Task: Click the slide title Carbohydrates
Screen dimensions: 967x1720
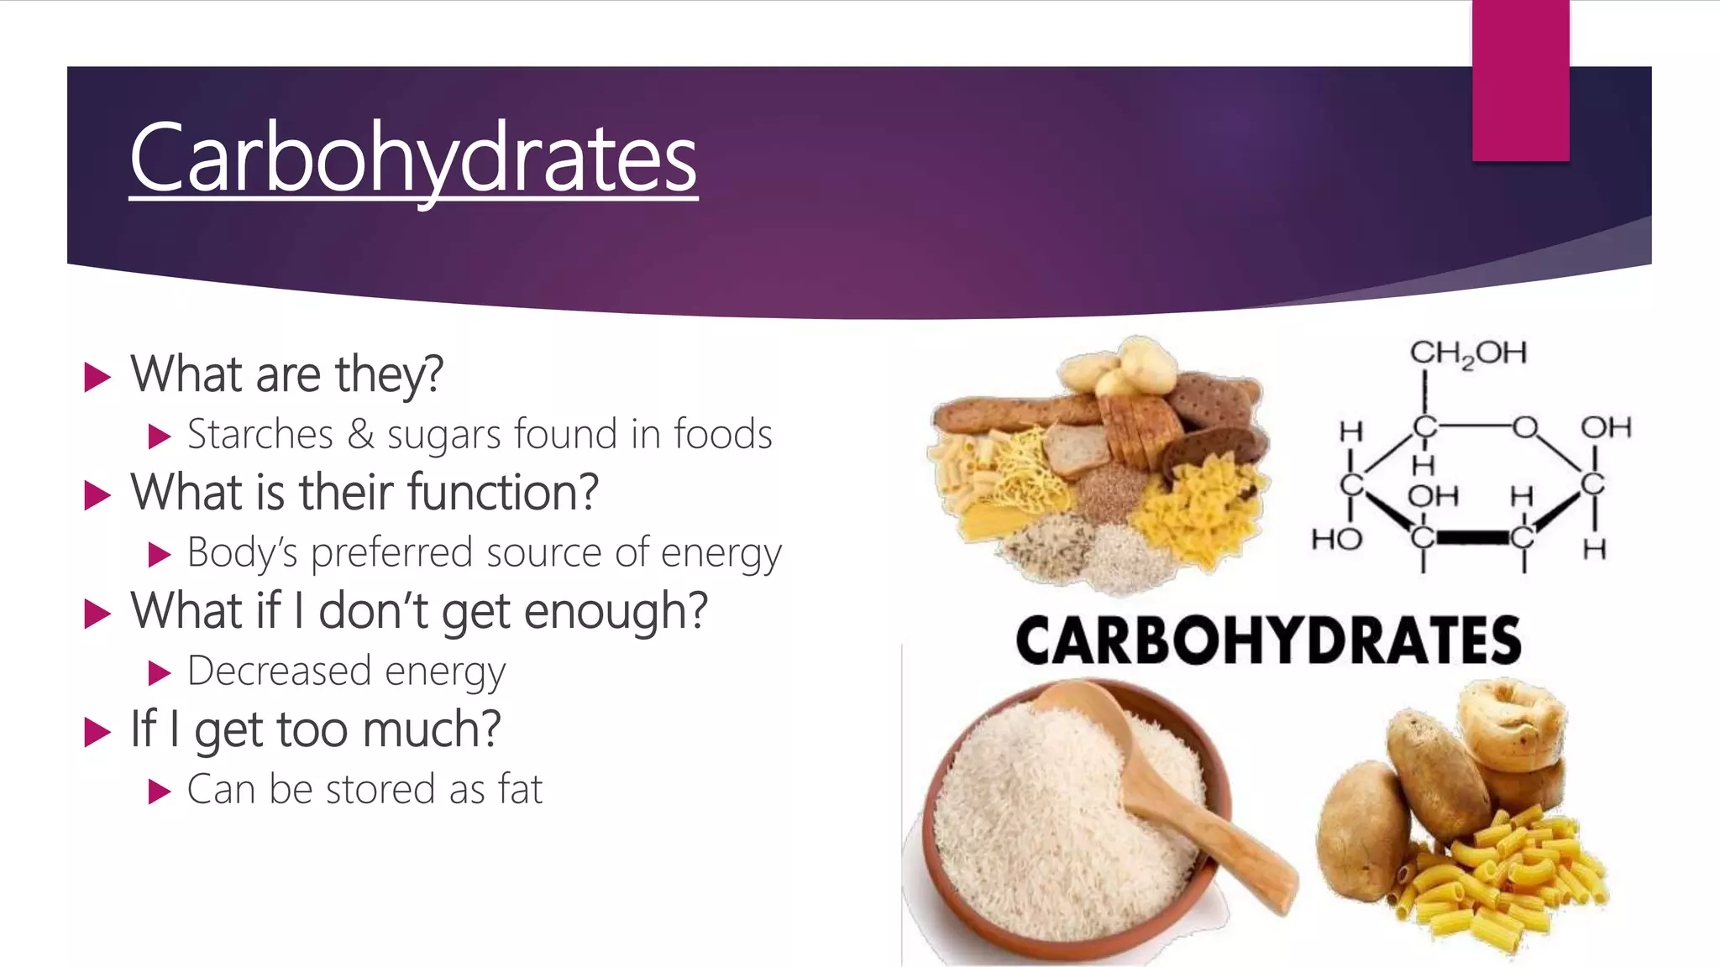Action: click(x=413, y=158)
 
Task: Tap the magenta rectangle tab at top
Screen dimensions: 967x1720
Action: click(x=1520, y=81)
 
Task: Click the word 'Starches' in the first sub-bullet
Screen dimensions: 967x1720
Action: click(x=260, y=435)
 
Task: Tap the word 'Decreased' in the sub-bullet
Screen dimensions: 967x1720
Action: click(x=279, y=672)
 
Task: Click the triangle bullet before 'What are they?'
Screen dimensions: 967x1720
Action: click(x=97, y=377)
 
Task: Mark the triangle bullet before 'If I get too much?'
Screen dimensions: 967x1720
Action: click(x=97, y=732)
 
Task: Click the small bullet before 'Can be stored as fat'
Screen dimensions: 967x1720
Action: click(x=159, y=792)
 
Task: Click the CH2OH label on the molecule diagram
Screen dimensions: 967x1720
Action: click(x=1467, y=353)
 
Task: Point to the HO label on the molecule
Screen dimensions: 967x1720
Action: click(x=1336, y=538)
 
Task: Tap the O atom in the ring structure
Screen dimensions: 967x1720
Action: click(x=1524, y=427)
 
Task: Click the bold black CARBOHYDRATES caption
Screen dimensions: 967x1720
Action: click(x=1268, y=640)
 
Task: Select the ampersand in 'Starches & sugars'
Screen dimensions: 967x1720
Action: click(x=360, y=435)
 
